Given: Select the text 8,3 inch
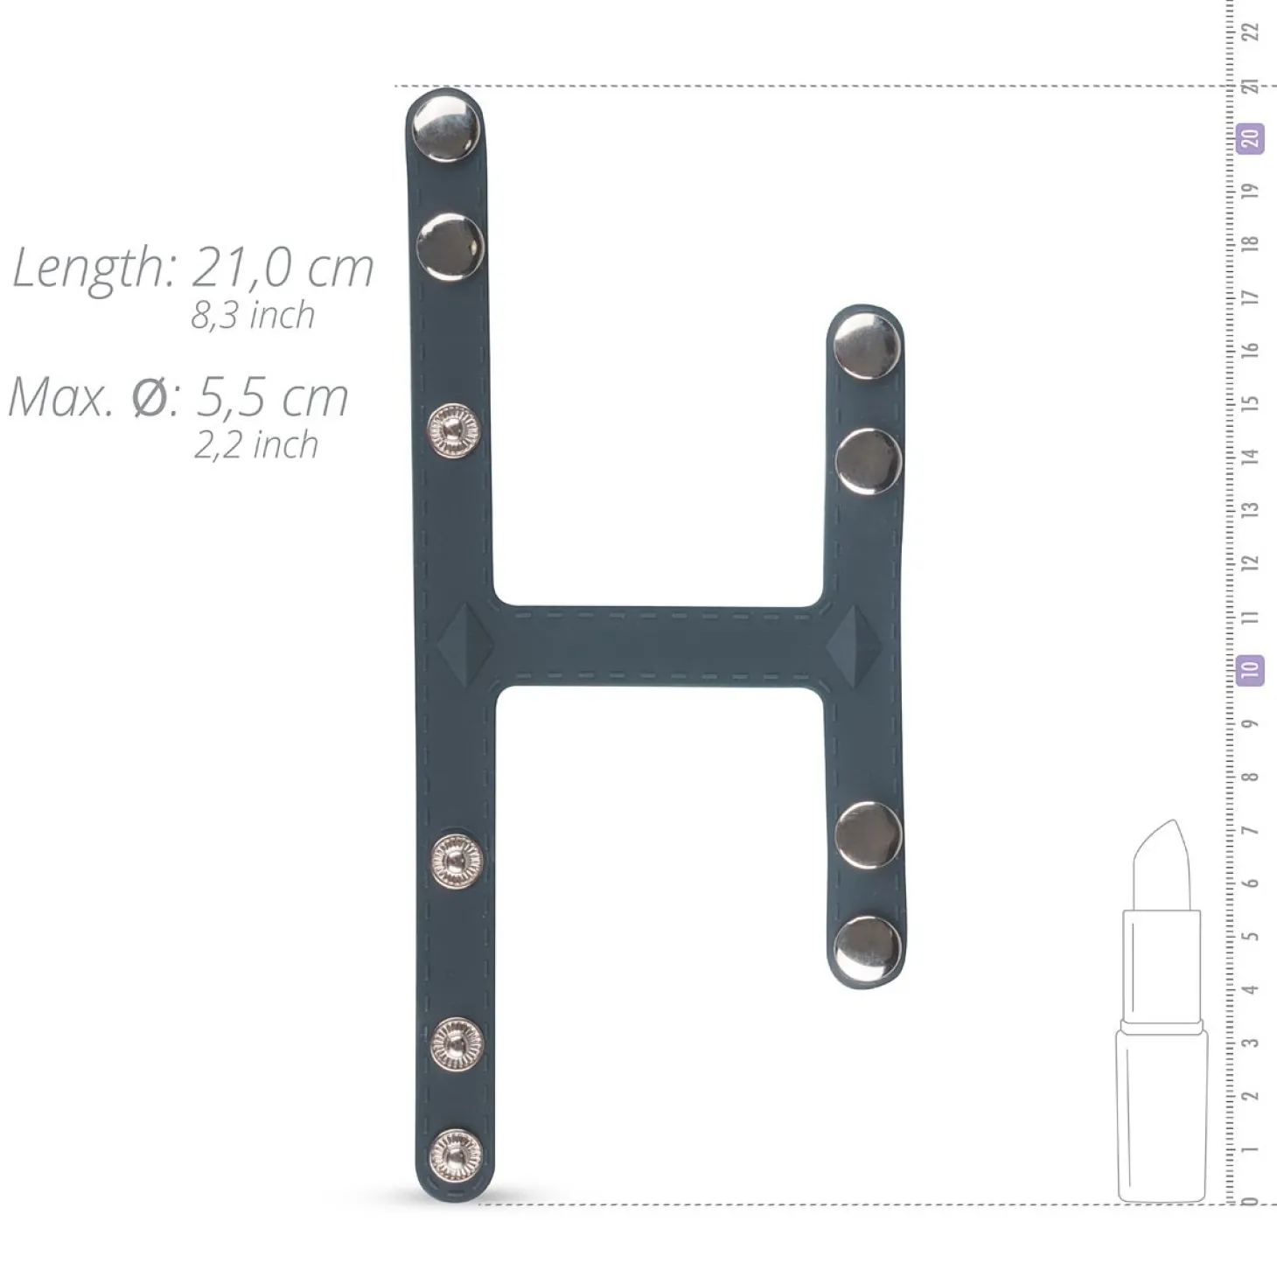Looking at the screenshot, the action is (x=253, y=316).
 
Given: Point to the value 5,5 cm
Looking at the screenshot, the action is (x=272, y=398).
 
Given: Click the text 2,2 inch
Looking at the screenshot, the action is (x=255, y=444).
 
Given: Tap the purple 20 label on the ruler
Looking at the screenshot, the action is (x=1250, y=139).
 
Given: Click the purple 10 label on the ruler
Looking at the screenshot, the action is (x=1250, y=670).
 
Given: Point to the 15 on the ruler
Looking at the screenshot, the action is (x=1250, y=403).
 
